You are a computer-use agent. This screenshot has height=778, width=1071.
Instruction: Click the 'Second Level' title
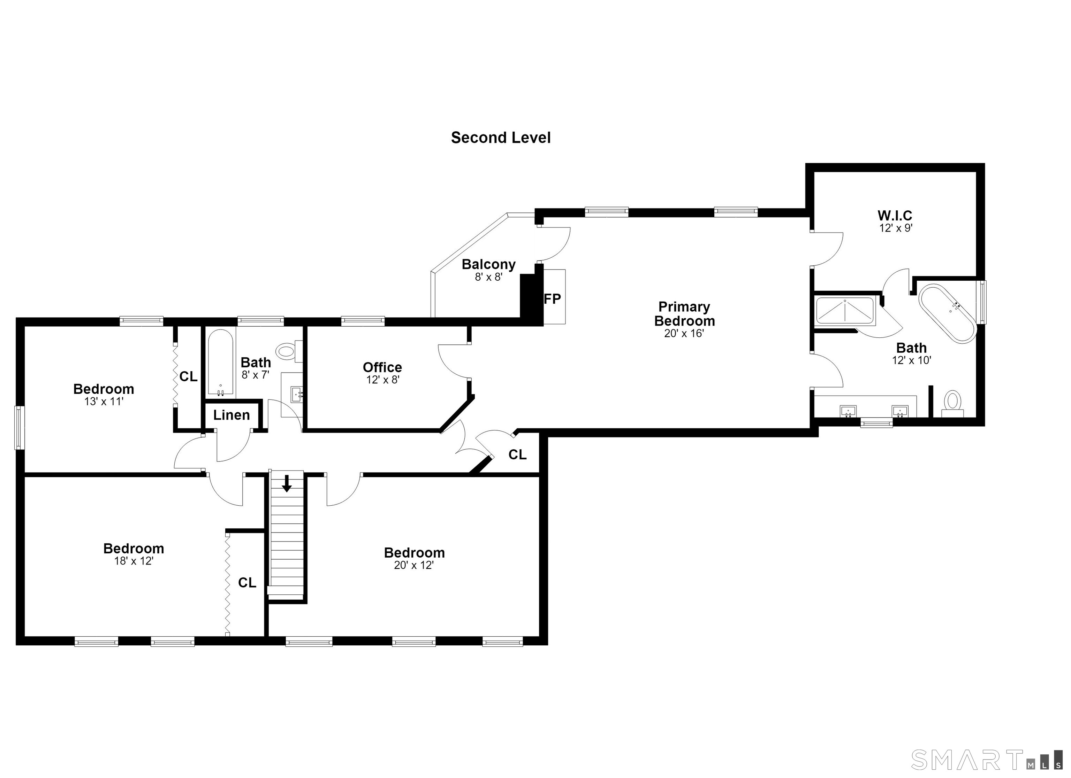click(501, 138)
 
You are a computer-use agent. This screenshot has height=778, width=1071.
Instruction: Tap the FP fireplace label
click(553, 299)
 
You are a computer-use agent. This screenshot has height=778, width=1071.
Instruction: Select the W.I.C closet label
click(895, 216)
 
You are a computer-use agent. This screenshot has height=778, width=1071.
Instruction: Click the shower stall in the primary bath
click(846, 311)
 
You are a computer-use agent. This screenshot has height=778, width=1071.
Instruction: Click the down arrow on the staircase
click(287, 484)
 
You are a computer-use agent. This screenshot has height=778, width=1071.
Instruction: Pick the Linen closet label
click(231, 415)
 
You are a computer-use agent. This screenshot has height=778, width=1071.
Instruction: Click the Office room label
click(382, 367)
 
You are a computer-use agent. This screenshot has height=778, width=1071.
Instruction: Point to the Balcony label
click(489, 264)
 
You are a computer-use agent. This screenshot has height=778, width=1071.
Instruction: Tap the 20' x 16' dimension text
click(684, 334)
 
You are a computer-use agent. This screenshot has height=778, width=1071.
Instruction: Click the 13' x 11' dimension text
click(104, 402)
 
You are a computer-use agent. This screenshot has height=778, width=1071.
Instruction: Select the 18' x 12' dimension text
click(134, 561)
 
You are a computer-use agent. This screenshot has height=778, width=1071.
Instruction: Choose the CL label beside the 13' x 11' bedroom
click(188, 376)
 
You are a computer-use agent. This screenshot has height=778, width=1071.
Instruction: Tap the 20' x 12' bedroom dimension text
click(414, 565)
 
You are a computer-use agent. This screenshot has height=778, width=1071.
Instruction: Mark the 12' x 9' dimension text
click(895, 228)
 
